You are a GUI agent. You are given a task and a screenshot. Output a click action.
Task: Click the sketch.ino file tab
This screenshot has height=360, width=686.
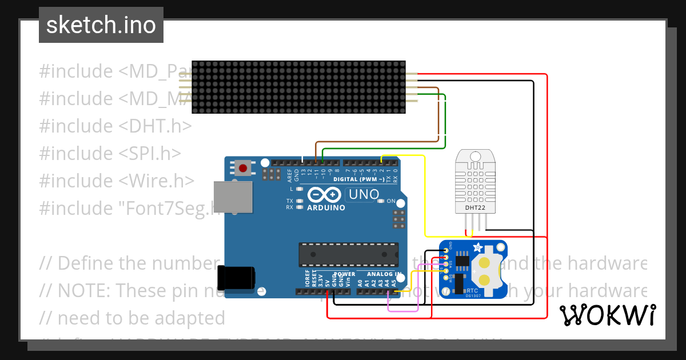(101, 25)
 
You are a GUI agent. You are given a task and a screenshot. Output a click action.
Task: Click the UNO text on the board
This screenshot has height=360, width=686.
(364, 194)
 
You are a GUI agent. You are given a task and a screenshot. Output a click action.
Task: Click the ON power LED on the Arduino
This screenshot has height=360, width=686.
(382, 201)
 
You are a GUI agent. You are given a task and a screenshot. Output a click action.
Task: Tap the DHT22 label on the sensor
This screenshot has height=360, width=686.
(475, 207)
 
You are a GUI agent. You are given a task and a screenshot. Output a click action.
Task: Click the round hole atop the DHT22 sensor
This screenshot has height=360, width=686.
(475, 155)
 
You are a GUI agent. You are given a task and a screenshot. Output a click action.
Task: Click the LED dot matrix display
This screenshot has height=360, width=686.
(298, 87)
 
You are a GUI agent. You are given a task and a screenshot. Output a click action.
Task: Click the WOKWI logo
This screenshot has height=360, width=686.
(607, 315)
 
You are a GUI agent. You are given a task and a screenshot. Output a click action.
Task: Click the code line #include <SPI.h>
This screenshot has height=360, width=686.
(110, 153)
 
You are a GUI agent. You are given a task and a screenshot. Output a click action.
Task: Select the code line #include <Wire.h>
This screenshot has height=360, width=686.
(117, 181)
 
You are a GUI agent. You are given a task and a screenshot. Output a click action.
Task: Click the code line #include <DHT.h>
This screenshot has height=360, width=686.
(115, 126)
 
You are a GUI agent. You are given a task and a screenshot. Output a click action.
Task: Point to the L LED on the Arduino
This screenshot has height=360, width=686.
(298, 189)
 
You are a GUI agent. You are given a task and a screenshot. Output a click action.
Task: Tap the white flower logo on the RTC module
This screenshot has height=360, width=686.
(478, 249)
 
